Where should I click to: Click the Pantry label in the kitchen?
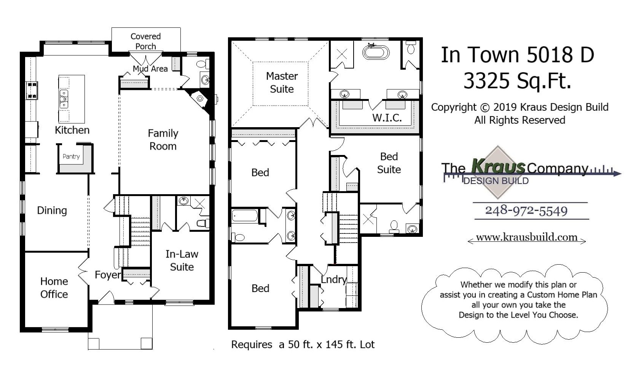71,156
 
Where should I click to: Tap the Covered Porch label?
145,41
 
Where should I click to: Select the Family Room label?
163,140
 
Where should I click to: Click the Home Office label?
54,288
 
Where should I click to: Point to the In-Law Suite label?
182,260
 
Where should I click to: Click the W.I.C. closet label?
387,118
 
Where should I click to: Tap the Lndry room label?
333,279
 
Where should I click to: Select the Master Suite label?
282,83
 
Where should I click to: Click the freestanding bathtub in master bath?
376,52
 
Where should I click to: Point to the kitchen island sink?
64,99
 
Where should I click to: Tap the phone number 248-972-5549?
526,211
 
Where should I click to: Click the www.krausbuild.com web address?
526,237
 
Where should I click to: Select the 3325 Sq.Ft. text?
517,80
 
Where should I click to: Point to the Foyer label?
108,275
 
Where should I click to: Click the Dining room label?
52,211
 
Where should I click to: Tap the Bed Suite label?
389,163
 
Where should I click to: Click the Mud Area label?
150,69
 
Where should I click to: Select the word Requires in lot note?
252,345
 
